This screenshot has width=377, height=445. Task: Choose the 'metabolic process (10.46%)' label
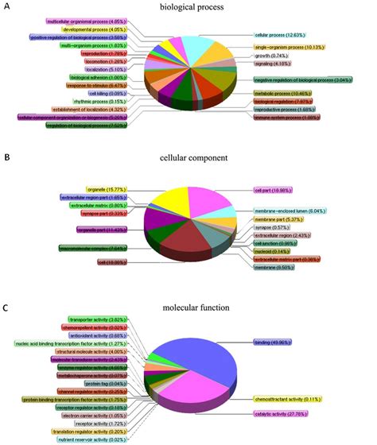click(x=281, y=94)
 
